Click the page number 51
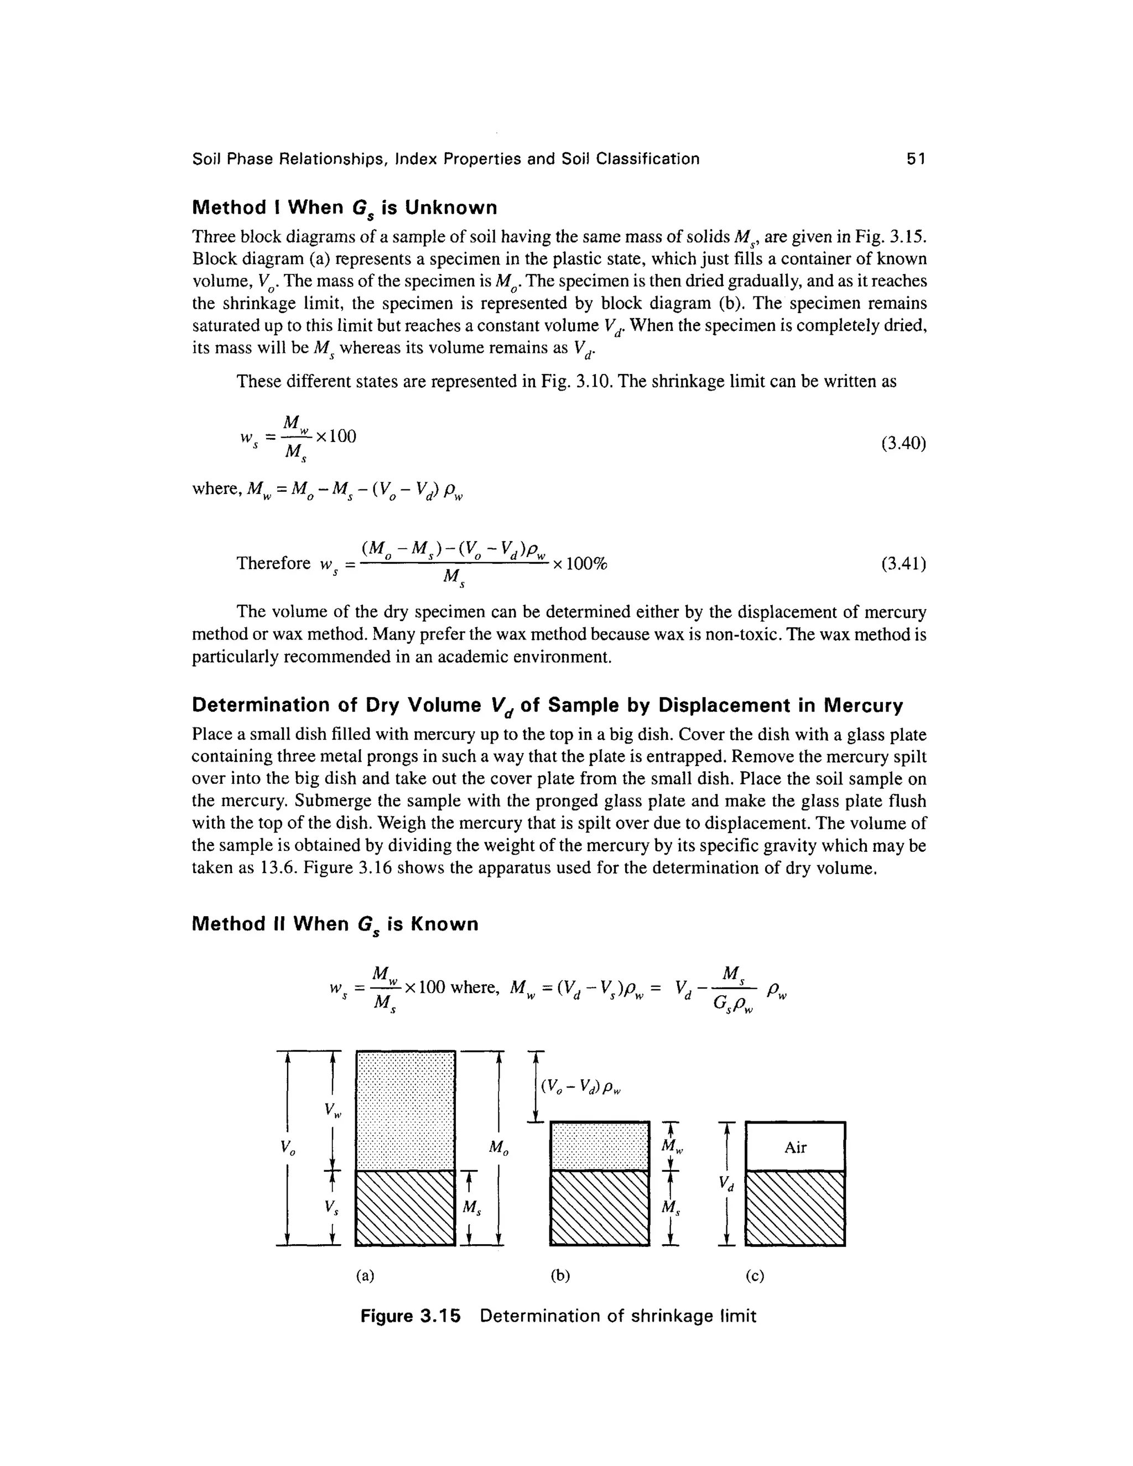916,159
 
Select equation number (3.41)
903,564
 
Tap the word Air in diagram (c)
795,1147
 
